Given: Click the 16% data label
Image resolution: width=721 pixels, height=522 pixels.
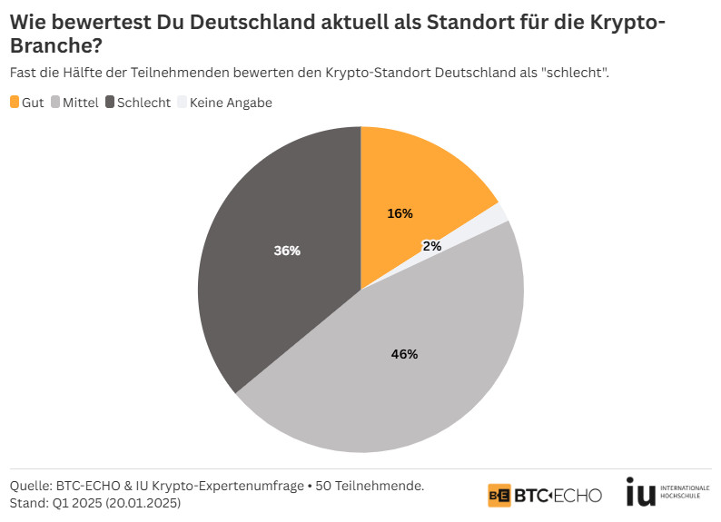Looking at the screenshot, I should click(x=400, y=213).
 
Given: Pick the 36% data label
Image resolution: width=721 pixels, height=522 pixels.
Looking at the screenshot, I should click(x=287, y=251).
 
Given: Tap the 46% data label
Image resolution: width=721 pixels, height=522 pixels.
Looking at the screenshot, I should click(x=404, y=354).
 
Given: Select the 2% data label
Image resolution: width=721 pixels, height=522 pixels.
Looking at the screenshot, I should click(x=432, y=245).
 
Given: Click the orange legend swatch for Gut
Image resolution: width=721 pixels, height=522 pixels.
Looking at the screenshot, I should click(x=15, y=103).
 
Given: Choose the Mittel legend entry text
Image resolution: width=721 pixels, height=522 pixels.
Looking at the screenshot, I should click(x=80, y=103).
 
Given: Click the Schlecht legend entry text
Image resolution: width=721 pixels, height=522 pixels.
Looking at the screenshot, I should click(x=143, y=103).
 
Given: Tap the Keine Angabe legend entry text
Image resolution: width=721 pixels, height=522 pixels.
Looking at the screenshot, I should click(x=231, y=103).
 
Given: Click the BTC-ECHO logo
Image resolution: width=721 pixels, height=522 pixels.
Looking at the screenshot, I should click(x=544, y=495).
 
